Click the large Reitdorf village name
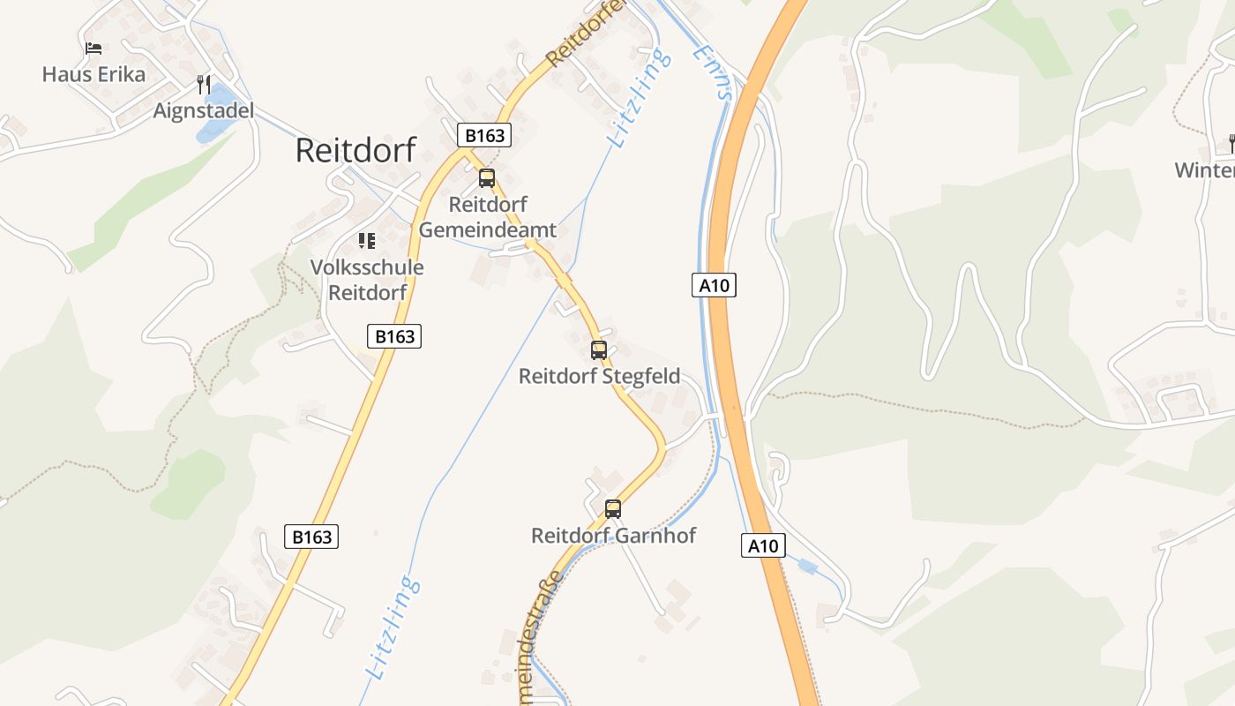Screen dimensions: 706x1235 [x=355, y=150]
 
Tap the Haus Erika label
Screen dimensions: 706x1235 [x=94, y=74]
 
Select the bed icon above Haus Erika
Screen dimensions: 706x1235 [x=94, y=48]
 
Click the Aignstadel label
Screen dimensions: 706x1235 [x=203, y=110]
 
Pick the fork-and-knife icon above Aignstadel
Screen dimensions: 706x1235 [x=204, y=85]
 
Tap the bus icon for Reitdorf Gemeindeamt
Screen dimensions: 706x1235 [x=487, y=178]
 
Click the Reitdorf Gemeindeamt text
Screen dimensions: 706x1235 [x=488, y=217]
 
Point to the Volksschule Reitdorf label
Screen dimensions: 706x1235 [x=367, y=280]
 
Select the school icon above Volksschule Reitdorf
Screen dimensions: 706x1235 [x=367, y=240]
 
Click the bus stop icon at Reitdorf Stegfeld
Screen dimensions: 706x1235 [x=599, y=349]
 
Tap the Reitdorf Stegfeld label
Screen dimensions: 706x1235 [x=599, y=376]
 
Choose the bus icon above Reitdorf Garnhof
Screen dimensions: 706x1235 [x=613, y=508]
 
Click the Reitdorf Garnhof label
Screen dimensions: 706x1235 [x=613, y=535]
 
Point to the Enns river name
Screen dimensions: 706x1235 [x=713, y=72]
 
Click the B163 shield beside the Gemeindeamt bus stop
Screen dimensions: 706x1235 [x=484, y=136]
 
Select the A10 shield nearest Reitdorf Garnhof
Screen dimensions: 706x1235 [x=762, y=545]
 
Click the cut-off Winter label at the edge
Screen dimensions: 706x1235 [x=1205, y=169]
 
